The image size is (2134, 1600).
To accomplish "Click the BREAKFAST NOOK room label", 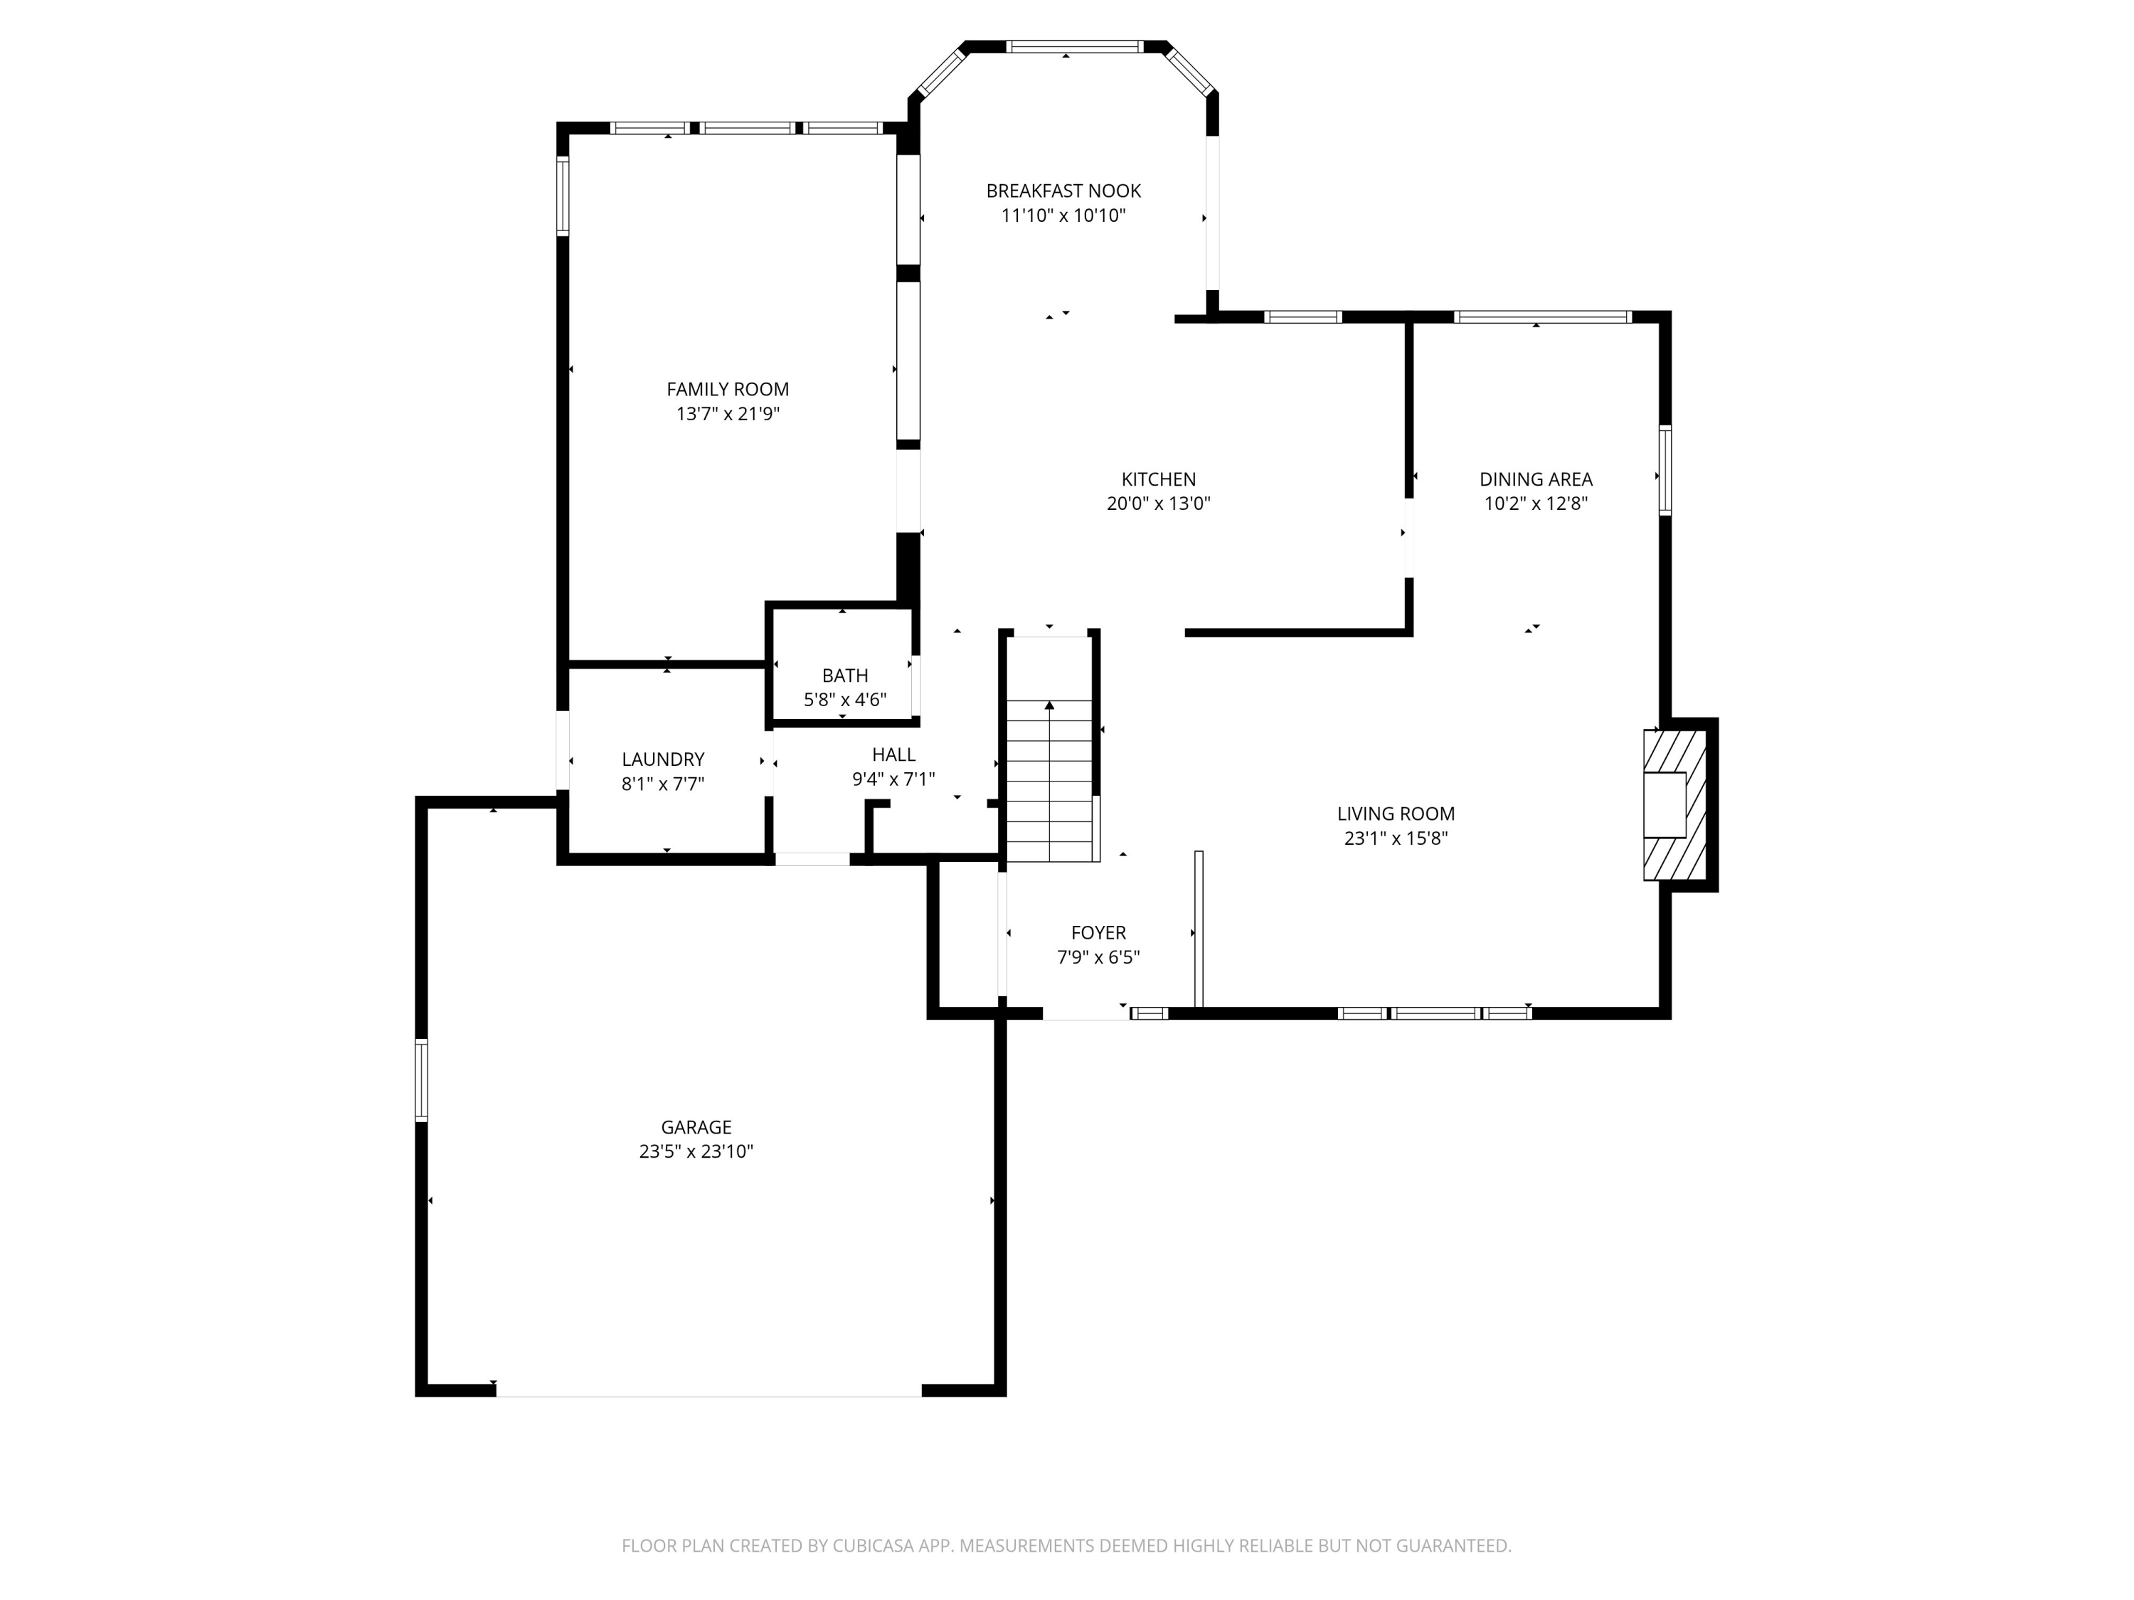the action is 1063,191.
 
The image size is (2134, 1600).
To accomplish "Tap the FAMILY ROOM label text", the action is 728,390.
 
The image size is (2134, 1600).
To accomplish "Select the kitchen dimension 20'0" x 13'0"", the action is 1159,503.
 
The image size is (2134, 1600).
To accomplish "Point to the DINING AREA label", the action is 1536,479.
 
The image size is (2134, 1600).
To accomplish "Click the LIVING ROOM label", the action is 1396,814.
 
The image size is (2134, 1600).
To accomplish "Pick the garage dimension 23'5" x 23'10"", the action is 696,1151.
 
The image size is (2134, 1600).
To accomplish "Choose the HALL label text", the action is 893,755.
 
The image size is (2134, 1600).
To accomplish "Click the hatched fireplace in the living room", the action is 1674,805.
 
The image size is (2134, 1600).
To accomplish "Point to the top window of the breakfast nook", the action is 1075,46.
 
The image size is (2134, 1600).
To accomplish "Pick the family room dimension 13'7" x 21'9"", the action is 728,415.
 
